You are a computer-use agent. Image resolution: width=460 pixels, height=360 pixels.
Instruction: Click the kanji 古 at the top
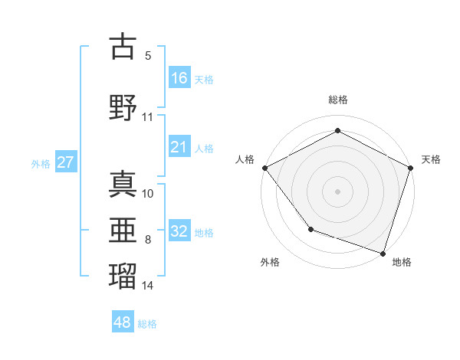(x=123, y=47)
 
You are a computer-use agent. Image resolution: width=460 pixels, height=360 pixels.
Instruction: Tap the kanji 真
(x=123, y=185)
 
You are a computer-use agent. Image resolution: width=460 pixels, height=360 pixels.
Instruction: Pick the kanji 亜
(x=123, y=229)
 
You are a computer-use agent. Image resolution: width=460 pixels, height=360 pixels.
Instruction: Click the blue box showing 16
(x=179, y=78)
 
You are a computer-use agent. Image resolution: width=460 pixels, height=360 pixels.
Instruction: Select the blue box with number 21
(x=179, y=148)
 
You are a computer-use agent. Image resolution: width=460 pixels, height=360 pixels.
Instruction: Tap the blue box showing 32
(x=179, y=232)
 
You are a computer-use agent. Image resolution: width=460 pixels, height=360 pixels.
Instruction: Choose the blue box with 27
(x=66, y=162)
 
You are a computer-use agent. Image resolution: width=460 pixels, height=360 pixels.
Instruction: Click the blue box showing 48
(x=123, y=322)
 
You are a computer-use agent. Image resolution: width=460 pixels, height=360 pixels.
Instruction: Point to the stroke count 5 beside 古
(x=147, y=56)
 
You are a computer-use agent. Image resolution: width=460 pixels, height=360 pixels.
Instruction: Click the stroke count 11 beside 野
(x=148, y=117)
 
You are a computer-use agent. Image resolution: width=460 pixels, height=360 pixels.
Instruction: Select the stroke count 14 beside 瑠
(x=149, y=286)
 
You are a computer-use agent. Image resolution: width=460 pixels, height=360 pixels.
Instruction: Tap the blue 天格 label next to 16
(x=204, y=79)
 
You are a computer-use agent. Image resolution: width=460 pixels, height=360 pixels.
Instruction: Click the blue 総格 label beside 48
(x=147, y=324)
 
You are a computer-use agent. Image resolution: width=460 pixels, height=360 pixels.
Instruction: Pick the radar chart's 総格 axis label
(x=337, y=100)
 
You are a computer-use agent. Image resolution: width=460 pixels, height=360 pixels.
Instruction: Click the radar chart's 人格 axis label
(x=245, y=159)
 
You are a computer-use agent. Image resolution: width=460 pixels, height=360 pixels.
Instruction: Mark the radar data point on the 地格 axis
(x=383, y=253)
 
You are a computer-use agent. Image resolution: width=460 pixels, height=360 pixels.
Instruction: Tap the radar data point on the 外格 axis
(x=310, y=229)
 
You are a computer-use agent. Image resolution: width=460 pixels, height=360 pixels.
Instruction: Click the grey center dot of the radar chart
(x=337, y=191)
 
